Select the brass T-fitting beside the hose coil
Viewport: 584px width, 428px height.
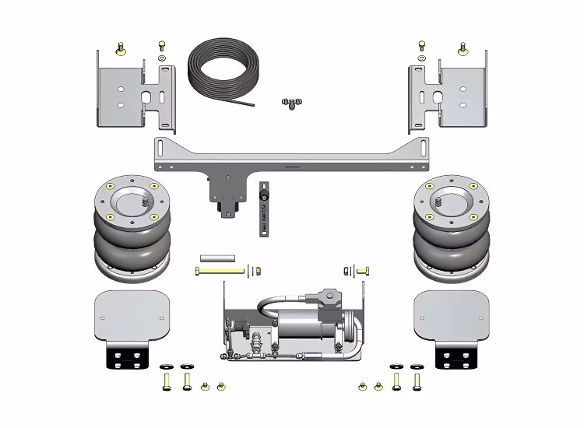[x=292, y=103]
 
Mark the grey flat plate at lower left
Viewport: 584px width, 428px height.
[x=131, y=315]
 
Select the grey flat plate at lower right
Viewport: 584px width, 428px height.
[x=452, y=315]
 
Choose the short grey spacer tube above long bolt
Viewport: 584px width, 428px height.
[x=217, y=257]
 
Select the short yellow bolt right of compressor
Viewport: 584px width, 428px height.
[x=361, y=270]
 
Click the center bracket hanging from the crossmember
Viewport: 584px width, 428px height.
[x=225, y=195]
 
